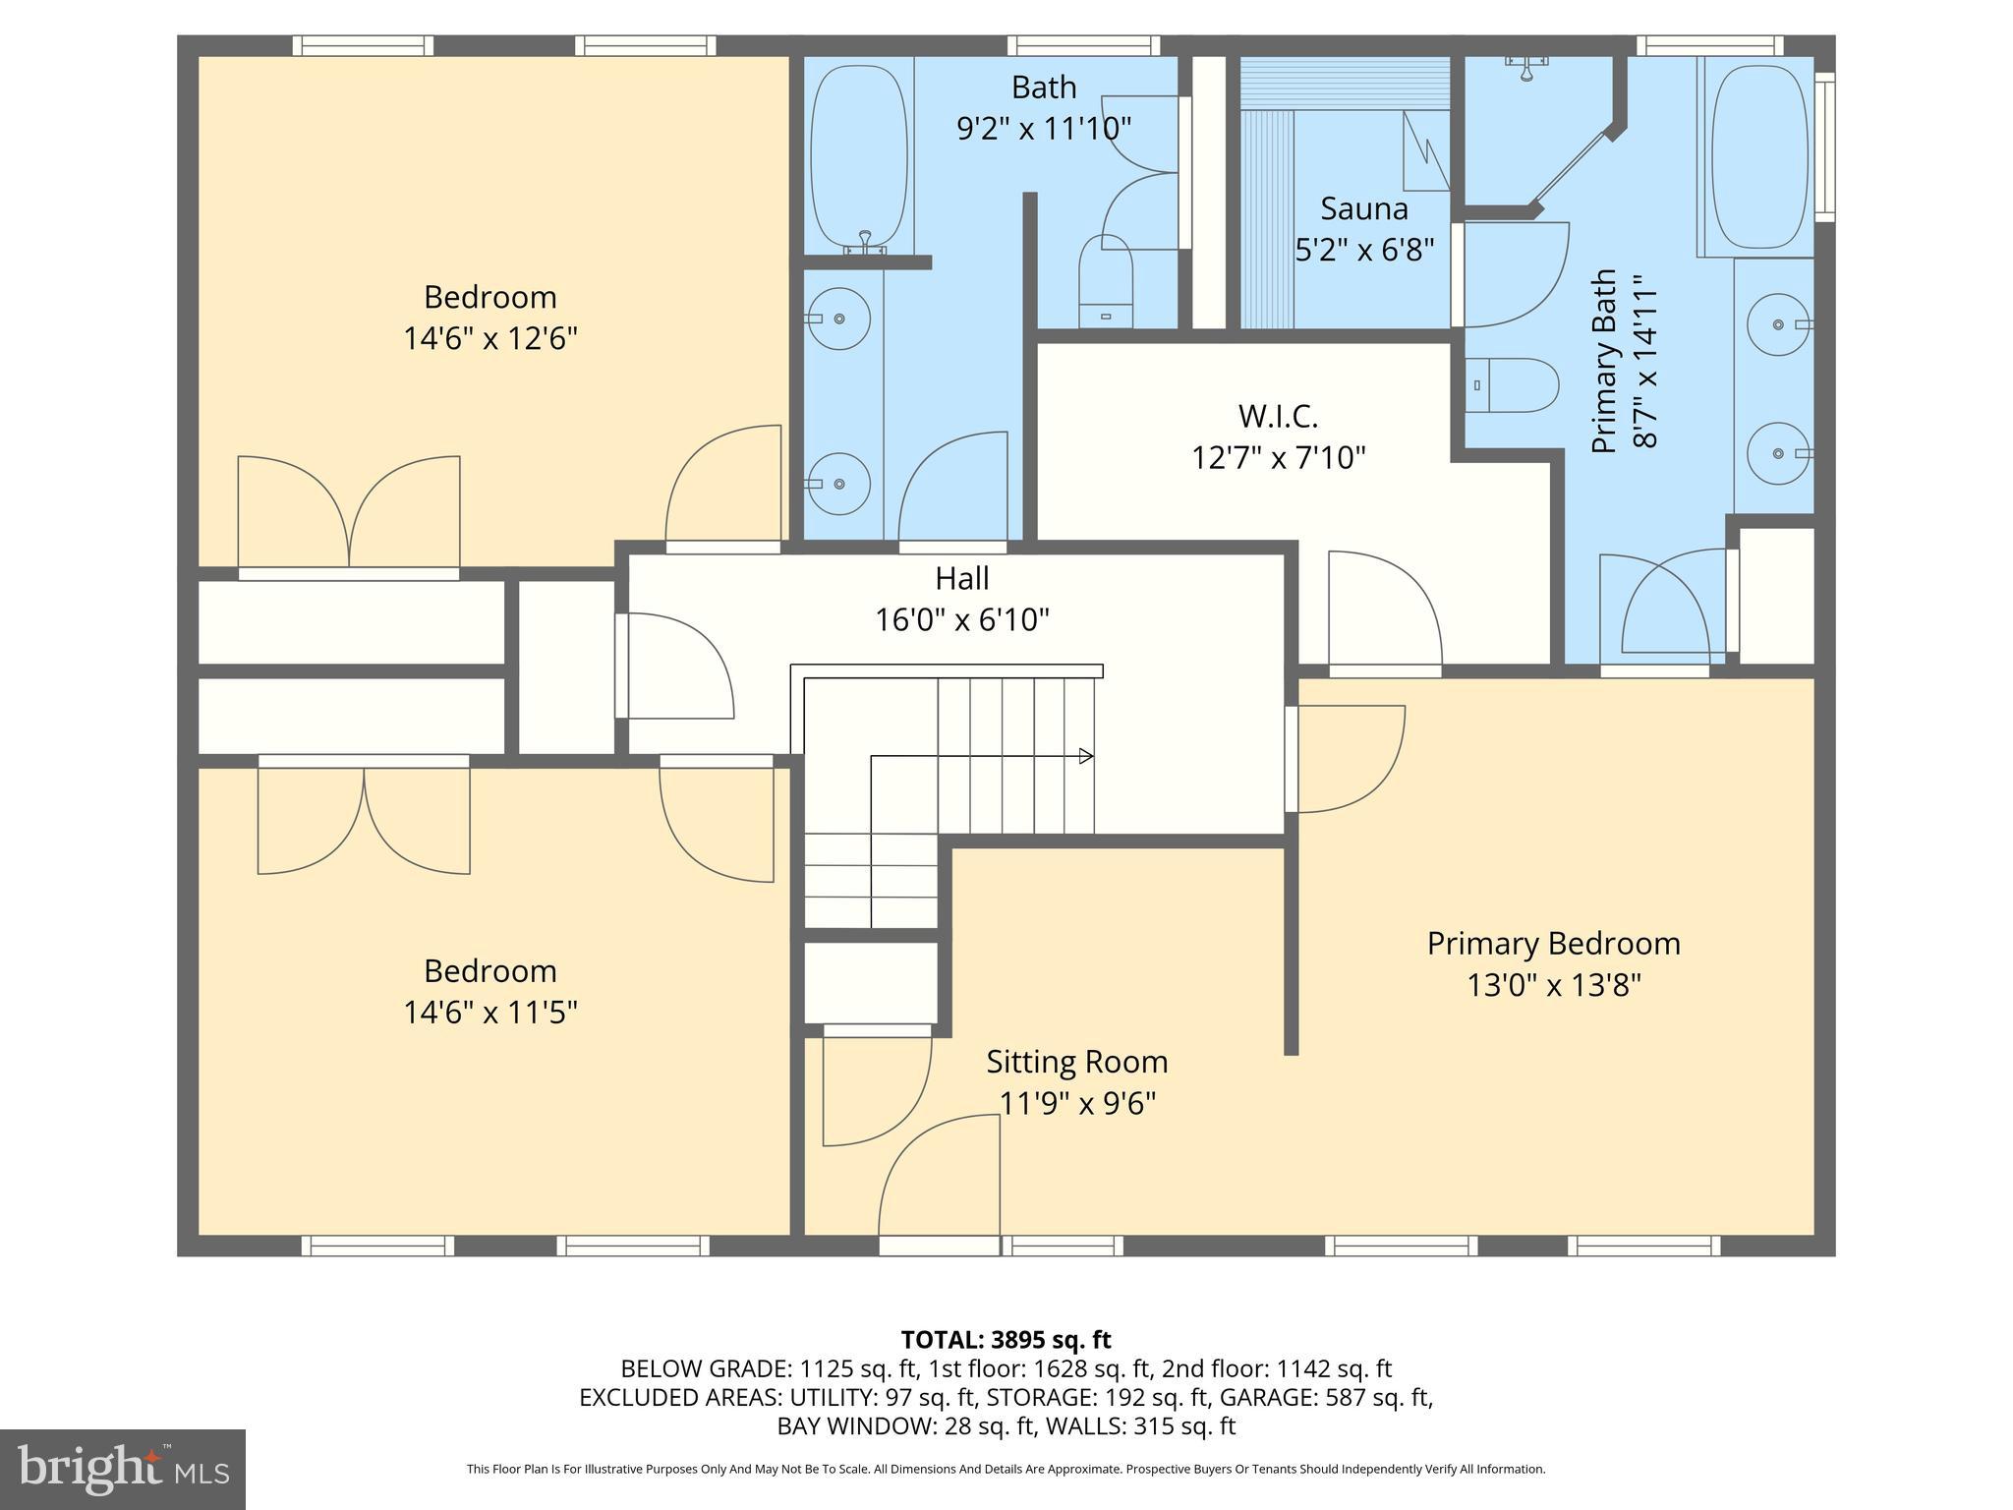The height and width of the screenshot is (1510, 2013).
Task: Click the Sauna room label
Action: (1363, 208)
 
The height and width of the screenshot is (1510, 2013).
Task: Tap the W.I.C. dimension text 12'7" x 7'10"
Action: (1278, 458)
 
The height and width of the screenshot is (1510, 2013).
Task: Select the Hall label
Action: (961, 578)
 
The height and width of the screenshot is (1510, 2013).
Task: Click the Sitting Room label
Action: (1076, 1062)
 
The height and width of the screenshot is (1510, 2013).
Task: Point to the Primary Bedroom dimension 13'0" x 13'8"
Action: (1553, 985)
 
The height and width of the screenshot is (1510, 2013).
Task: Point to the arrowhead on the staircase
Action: (1086, 756)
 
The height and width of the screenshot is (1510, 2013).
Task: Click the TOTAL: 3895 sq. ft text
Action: (1006, 1339)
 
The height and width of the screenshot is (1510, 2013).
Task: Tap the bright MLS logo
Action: (123, 1470)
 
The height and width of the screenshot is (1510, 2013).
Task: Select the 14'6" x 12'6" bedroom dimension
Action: (489, 339)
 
